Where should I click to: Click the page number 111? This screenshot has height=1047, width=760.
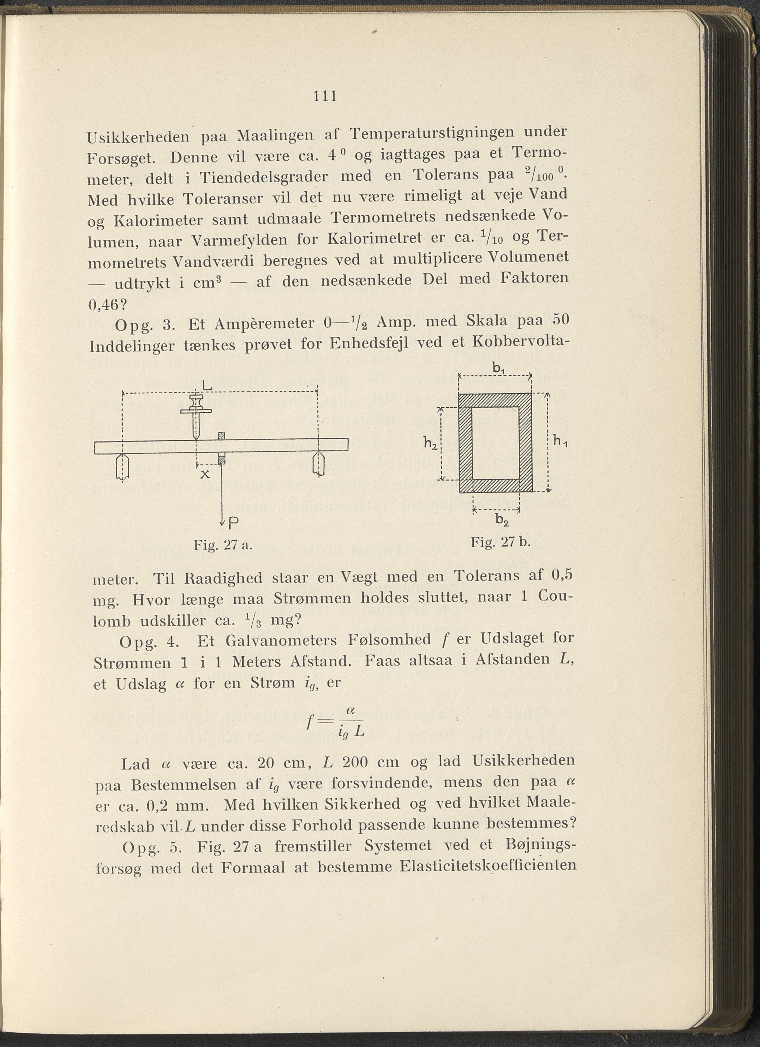[325, 97]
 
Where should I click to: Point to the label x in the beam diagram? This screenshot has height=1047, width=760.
[205, 474]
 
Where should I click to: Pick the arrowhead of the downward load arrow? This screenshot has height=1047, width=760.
[222, 522]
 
